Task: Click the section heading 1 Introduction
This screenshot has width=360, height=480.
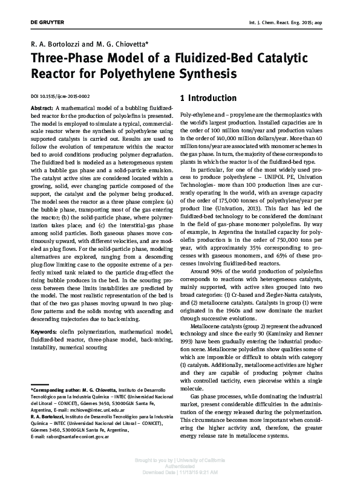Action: (x=208, y=98)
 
